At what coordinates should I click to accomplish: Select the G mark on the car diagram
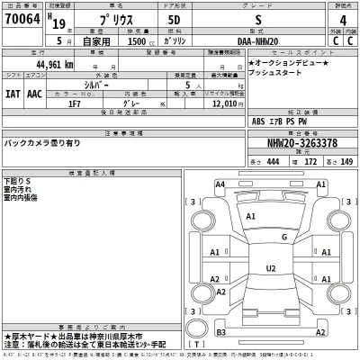(x=283, y=237)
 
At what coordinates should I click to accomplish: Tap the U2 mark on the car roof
(x=270, y=268)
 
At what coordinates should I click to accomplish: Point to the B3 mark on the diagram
(x=220, y=333)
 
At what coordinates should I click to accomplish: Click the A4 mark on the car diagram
(x=220, y=184)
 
